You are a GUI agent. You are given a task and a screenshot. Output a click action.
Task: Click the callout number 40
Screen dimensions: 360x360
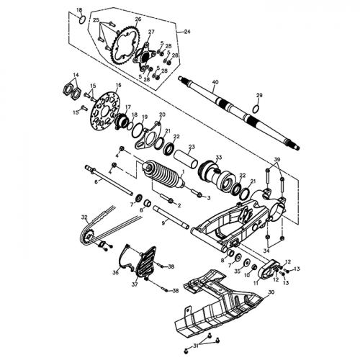point(215,83)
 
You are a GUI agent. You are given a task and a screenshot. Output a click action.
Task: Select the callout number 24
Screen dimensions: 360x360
point(187,32)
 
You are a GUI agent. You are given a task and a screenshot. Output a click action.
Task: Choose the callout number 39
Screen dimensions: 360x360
point(278,159)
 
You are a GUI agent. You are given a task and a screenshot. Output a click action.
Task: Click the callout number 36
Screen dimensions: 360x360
point(115,272)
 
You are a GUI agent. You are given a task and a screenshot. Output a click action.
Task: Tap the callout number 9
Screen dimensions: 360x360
point(163,223)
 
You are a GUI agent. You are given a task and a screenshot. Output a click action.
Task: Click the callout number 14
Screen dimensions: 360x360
point(75,75)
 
